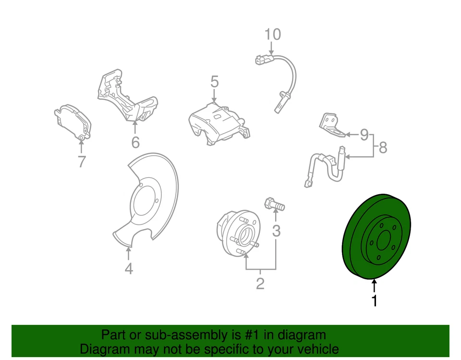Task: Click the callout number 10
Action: [272, 35]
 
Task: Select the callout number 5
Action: [214, 82]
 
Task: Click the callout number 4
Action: [128, 269]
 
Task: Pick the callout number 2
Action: [260, 284]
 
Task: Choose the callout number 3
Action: [276, 232]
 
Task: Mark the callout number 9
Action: [364, 135]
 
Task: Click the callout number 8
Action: [383, 148]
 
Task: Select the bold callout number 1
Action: [375, 301]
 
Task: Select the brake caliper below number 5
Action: [216, 123]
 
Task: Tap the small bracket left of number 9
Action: [330, 122]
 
